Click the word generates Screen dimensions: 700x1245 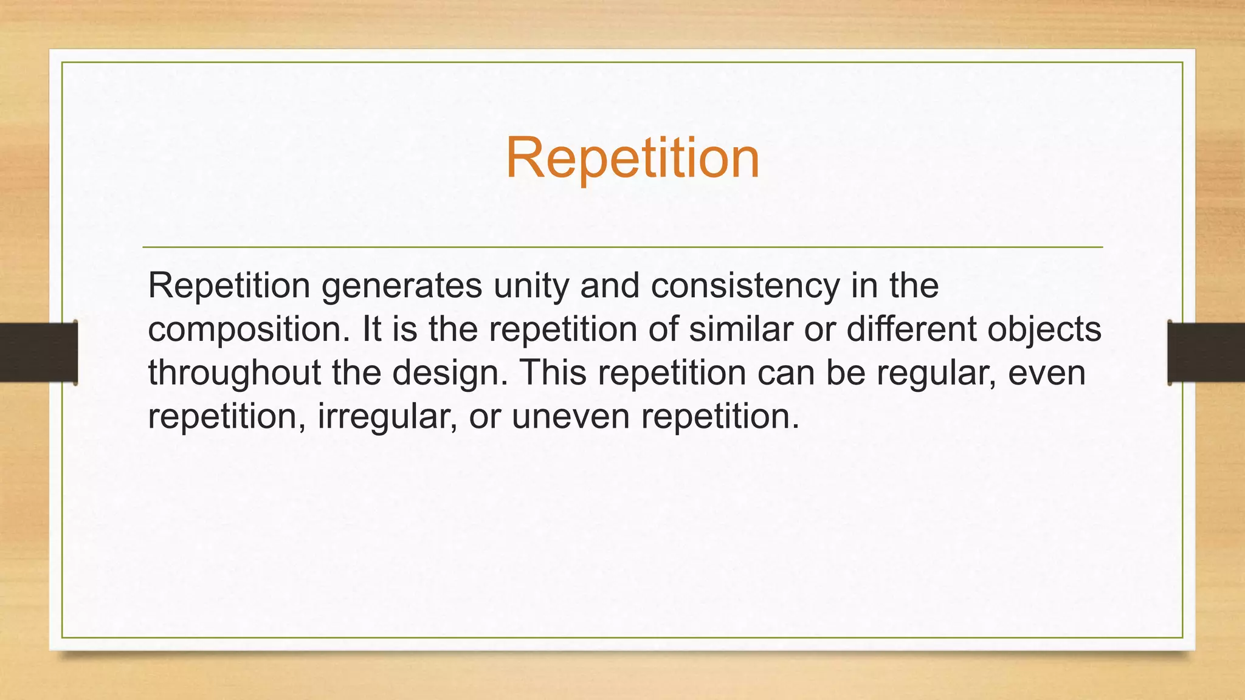coord(402,286)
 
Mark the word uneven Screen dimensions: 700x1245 coord(571,417)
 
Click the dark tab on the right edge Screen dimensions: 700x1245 coord(1206,352)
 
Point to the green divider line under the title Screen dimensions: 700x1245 coord(622,247)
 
